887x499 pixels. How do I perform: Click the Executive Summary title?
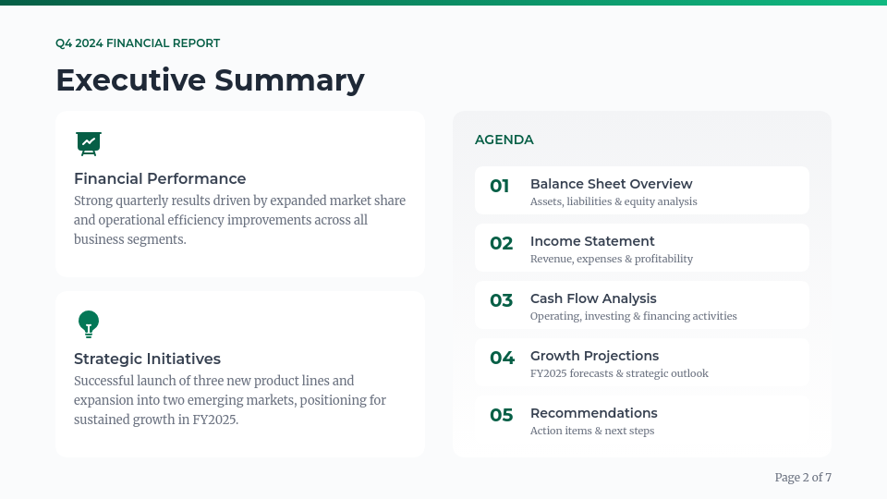tap(210, 80)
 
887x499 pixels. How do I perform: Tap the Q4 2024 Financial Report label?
tap(138, 43)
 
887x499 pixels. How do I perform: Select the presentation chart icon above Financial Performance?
tap(89, 144)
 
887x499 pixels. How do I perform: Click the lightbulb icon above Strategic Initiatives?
tap(89, 324)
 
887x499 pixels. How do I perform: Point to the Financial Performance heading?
tap(160, 178)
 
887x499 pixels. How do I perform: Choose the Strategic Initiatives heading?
tap(147, 359)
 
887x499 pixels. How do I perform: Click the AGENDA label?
tap(504, 140)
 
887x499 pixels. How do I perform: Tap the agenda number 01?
tap(500, 186)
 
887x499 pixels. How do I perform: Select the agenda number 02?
tap(501, 243)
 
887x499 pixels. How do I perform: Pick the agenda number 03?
tap(501, 300)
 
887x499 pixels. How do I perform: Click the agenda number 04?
tap(503, 358)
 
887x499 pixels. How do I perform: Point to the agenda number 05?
tap(501, 415)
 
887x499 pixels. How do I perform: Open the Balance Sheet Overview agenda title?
tap(611, 184)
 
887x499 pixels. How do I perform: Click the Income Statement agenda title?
tap(592, 241)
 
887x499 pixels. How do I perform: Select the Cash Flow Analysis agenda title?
tap(593, 298)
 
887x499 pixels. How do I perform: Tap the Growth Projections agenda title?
tap(594, 356)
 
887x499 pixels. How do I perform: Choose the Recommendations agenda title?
tap(594, 413)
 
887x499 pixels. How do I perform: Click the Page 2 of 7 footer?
tap(803, 478)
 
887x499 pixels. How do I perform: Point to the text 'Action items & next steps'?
tap(592, 431)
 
